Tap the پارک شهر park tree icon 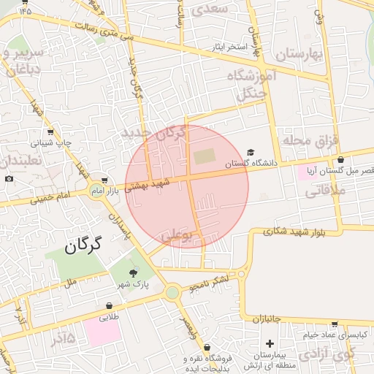[132, 272]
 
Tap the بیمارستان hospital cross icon [270, 343]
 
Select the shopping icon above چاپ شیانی [50, 132]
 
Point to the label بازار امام [122, 190]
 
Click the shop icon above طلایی [109, 306]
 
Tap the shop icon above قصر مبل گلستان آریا [340, 160]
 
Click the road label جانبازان [272, 319]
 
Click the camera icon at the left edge [9, 179]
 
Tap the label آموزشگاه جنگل [253, 85]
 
